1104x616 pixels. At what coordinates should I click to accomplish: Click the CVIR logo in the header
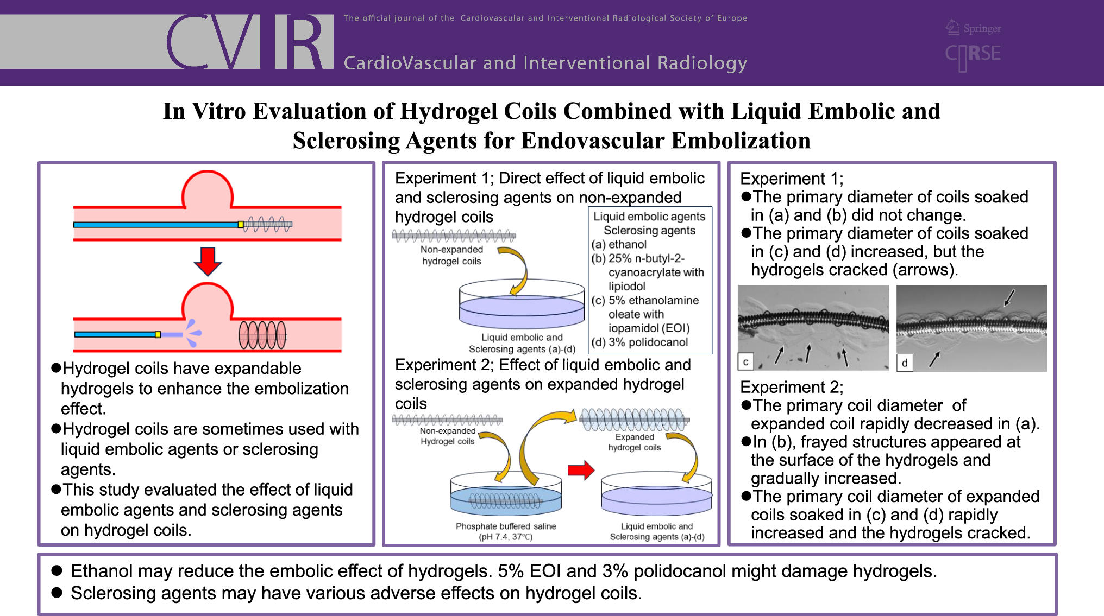click(249, 41)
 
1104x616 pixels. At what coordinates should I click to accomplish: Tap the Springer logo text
click(982, 28)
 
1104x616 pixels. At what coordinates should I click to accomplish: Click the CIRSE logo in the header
click(973, 55)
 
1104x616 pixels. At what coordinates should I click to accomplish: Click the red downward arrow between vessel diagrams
click(208, 261)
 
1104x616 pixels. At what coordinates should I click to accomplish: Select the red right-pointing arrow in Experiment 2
click(581, 470)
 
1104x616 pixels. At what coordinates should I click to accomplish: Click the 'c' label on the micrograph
click(746, 362)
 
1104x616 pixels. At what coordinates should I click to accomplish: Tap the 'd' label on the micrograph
click(905, 363)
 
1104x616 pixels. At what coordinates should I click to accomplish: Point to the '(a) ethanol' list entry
click(619, 245)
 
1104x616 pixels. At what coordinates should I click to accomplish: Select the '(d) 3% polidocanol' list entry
click(639, 342)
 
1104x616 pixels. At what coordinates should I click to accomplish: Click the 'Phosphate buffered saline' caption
click(506, 526)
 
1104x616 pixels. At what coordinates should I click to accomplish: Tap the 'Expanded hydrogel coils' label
click(635, 442)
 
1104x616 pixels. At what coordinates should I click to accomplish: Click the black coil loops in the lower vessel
click(262, 335)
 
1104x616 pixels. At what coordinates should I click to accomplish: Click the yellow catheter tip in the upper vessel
click(241, 224)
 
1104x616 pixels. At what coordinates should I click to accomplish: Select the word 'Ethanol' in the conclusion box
click(102, 571)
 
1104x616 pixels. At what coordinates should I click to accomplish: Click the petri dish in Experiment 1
click(522, 304)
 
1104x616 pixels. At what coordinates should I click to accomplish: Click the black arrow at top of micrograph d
click(1009, 297)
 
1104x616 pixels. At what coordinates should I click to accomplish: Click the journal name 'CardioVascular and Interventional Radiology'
click(545, 63)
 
